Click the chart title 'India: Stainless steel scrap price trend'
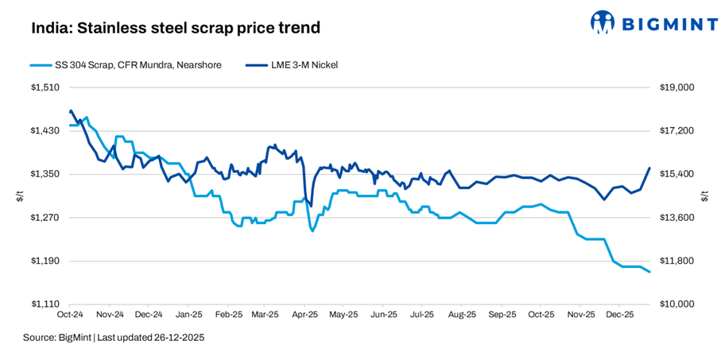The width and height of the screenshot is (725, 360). pos(176,29)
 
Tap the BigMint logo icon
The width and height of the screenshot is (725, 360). pos(603,23)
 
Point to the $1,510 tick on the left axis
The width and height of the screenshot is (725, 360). pos(46,87)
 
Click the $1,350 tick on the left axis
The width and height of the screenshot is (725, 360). pos(46,174)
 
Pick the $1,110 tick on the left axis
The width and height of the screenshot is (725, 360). pos(46,304)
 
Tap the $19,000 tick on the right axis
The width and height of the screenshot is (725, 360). pos(677,87)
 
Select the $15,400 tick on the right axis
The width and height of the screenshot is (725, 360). pos(677,174)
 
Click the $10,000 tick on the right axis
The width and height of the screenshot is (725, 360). pos(677,304)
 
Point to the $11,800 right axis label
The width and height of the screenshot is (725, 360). pos(677,261)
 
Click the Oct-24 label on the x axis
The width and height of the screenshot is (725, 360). pos(72,315)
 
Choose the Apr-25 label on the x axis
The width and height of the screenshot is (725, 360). pos(304,315)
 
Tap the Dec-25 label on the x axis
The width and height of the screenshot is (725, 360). pos(620,315)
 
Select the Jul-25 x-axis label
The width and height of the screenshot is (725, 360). pos(422,315)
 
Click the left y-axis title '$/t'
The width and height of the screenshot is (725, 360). pos(20,195)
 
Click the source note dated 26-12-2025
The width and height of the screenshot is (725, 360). pos(114,338)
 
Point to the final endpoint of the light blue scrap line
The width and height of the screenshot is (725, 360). pos(649,272)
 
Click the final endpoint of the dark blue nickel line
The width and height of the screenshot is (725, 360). pos(649,168)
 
